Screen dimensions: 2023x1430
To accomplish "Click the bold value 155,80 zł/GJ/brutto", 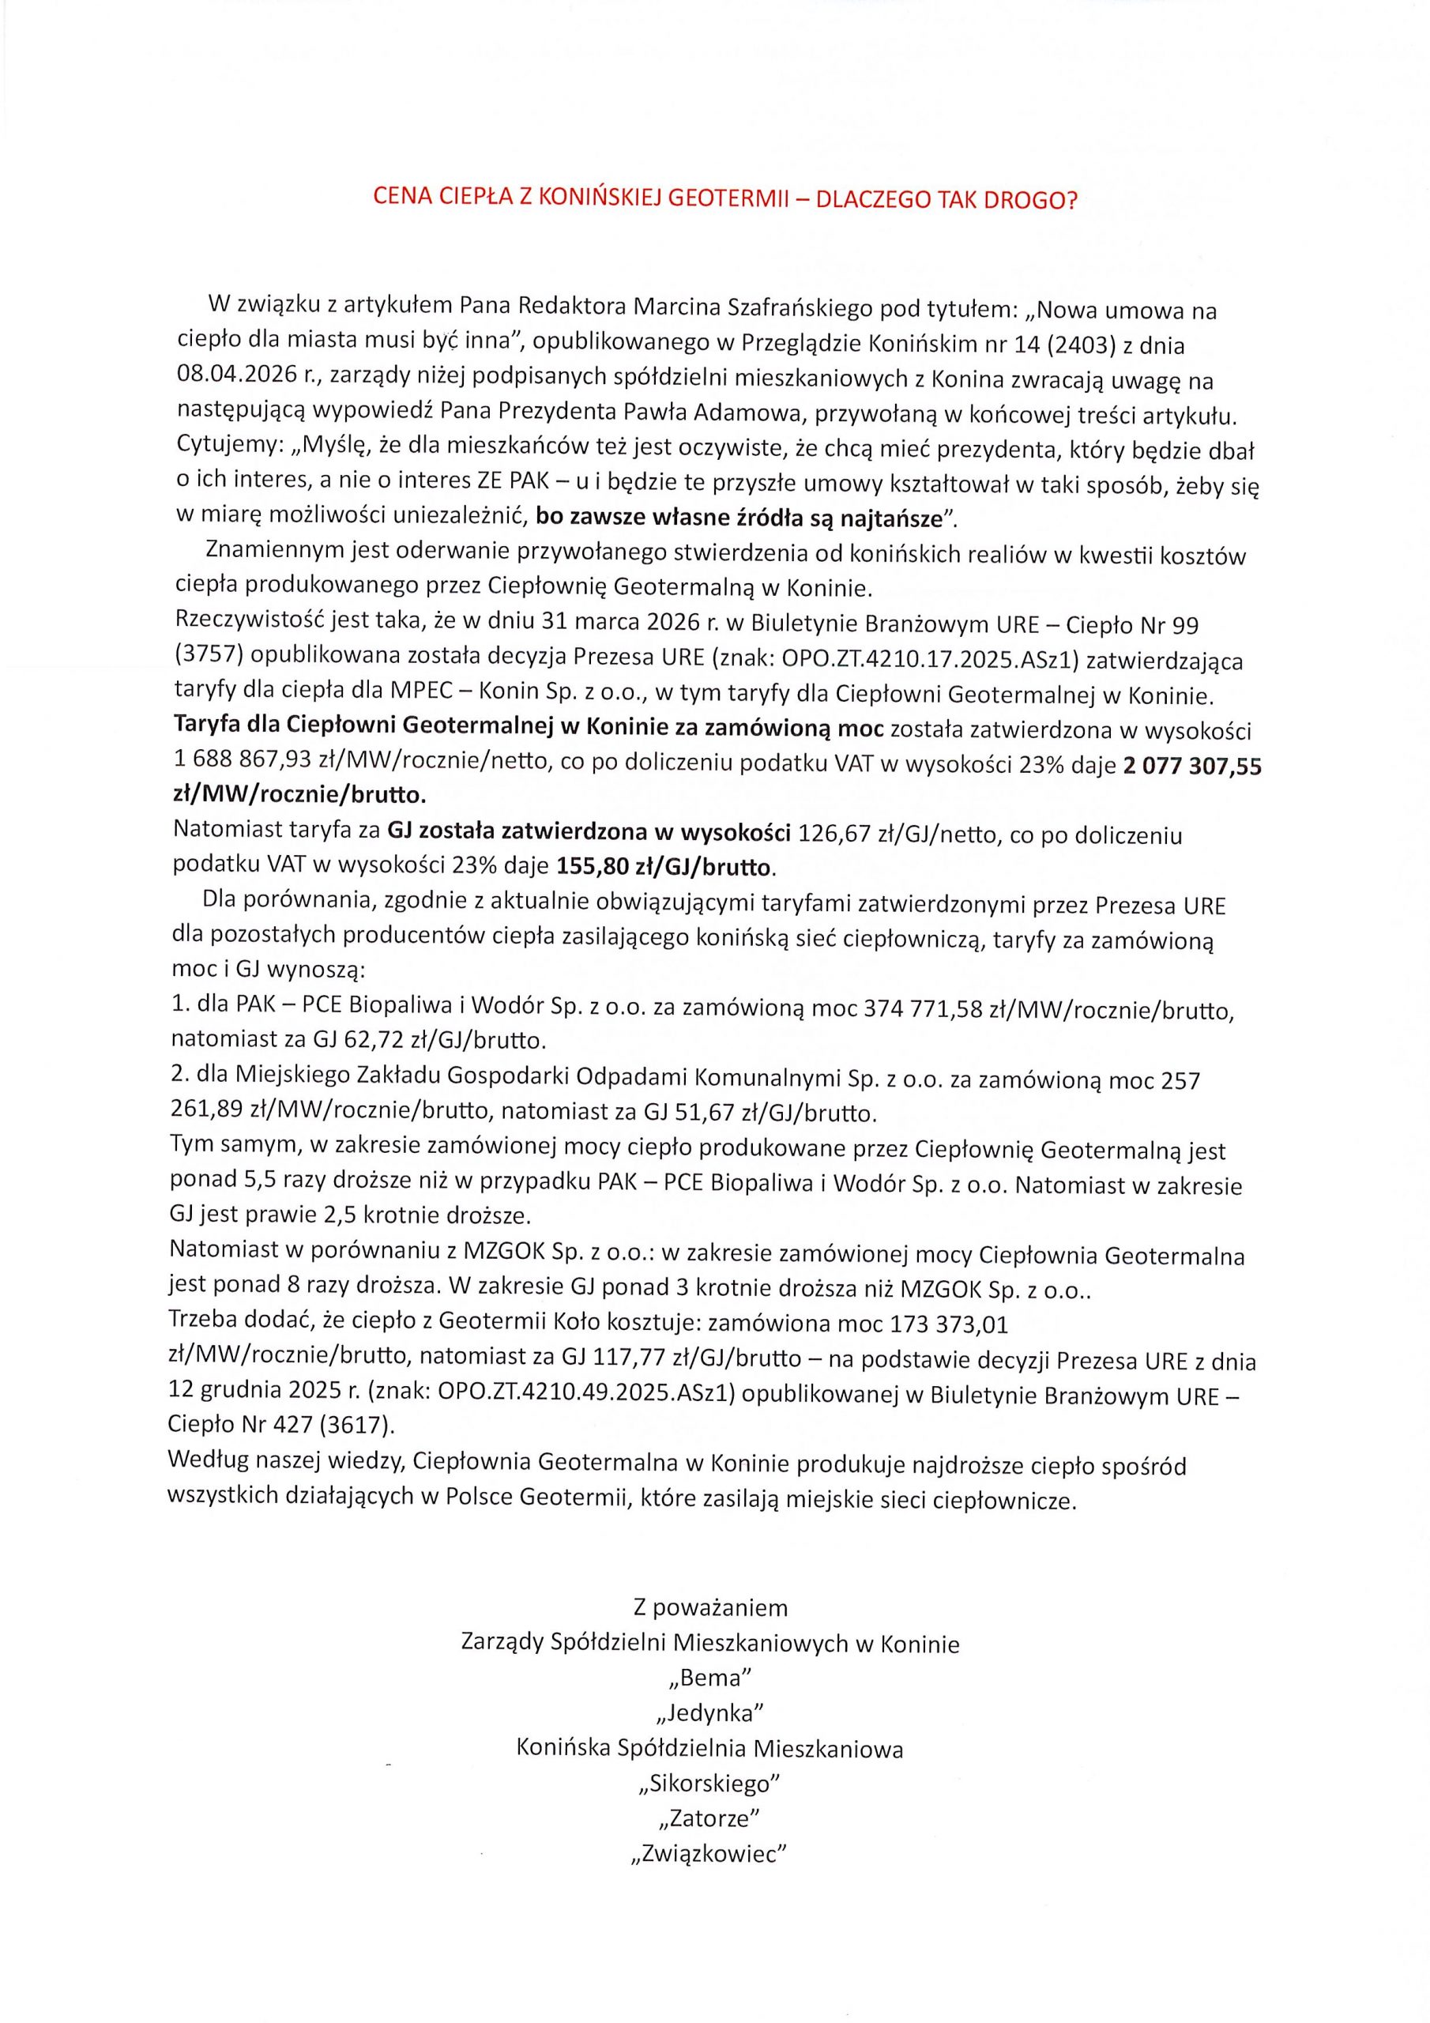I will coord(666,868).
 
